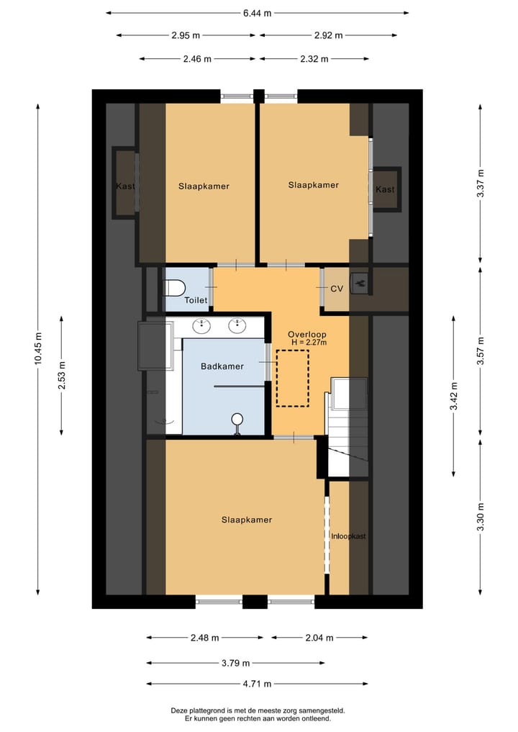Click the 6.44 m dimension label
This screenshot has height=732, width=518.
click(257, 12)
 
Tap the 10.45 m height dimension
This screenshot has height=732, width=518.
click(38, 350)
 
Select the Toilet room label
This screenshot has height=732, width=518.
click(196, 300)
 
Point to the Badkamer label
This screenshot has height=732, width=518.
click(222, 366)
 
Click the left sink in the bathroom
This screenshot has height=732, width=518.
click(201, 326)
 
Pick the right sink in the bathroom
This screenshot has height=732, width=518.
click(238, 326)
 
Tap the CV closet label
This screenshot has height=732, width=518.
click(336, 289)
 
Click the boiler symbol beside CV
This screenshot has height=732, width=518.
click(360, 282)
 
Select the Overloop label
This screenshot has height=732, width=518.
click(307, 334)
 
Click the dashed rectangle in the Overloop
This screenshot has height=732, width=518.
click(293, 378)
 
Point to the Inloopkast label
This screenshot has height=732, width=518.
click(348, 536)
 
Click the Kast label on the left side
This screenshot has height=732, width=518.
click(125, 186)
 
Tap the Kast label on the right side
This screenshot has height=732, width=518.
click(386, 189)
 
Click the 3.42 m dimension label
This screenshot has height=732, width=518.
click(454, 396)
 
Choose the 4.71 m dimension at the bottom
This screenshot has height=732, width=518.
click(256, 684)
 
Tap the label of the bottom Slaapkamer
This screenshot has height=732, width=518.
click(246, 520)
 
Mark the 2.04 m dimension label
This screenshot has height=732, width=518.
click(319, 638)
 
